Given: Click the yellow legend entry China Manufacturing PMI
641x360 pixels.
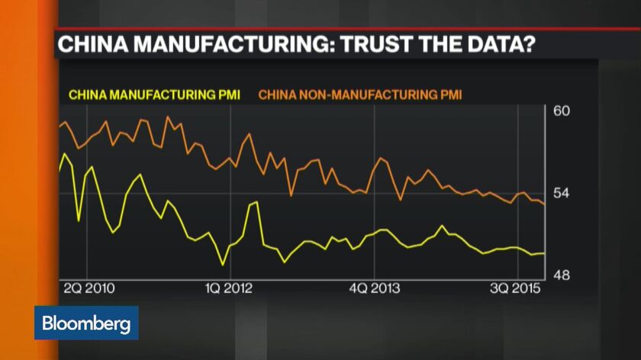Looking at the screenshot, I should pos(155,95).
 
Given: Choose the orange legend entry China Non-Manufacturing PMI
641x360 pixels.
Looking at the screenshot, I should pos(361,95).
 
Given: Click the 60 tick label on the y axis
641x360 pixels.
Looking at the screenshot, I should pos(561,111).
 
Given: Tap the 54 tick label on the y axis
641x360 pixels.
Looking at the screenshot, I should pos(561,194).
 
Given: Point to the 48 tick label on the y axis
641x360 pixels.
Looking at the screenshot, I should pos(561,275).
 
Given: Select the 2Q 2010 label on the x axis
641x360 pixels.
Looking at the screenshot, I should pos(90,288).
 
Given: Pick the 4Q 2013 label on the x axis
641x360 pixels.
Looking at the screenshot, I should pos(373,288).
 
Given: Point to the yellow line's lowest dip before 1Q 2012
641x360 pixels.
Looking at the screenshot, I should pos(223,265).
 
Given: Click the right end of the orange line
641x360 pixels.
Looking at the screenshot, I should pos(543,204).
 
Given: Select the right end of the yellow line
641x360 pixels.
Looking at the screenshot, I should pos(543,253).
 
